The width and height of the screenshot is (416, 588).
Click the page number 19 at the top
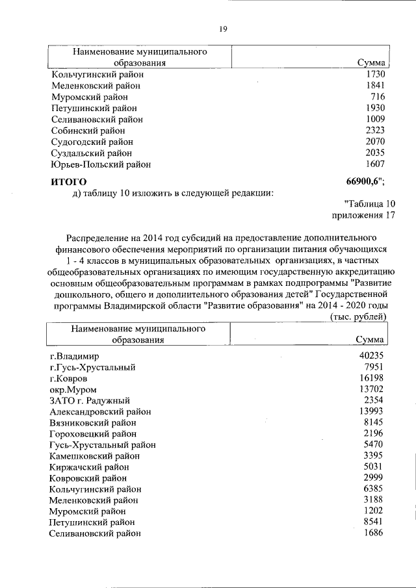click(x=222, y=29)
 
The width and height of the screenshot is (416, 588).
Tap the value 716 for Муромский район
click(x=377, y=97)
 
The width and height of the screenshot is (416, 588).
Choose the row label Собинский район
click(x=90, y=131)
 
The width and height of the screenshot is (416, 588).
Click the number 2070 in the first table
click(x=375, y=142)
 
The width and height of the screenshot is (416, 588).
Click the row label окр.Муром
click(x=73, y=389)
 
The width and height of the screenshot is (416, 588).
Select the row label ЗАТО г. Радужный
click(x=90, y=400)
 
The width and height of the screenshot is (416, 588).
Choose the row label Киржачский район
click(x=90, y=467)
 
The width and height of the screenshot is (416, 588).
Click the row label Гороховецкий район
click(x=94, y=433)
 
